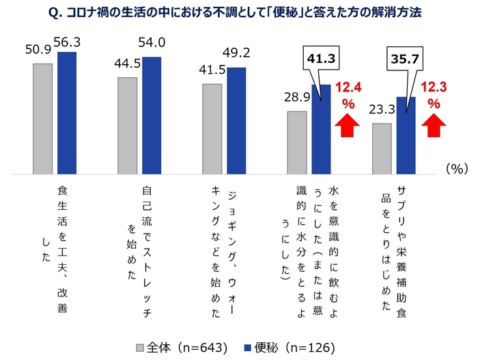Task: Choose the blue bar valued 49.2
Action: click(x=236, y=120)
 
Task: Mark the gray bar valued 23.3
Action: click(x=382, y=148)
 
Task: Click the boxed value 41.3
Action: click(x=318, y=60)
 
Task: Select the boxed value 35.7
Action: click(x=403, y=60)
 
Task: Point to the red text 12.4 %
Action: click(x=348, y=96)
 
